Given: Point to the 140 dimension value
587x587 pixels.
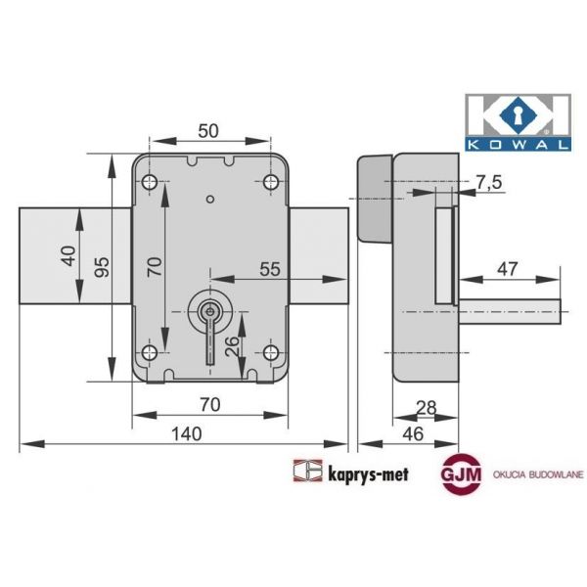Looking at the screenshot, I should [185, 433].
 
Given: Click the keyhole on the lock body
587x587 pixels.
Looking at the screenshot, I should [207, 311].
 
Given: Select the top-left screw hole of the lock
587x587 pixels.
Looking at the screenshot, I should [150, 183].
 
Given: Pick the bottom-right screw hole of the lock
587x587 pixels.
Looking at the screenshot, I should [271, 352].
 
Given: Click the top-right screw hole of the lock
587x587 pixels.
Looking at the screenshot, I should [271, 183].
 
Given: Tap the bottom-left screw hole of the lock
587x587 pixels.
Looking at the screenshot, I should [150, 352].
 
